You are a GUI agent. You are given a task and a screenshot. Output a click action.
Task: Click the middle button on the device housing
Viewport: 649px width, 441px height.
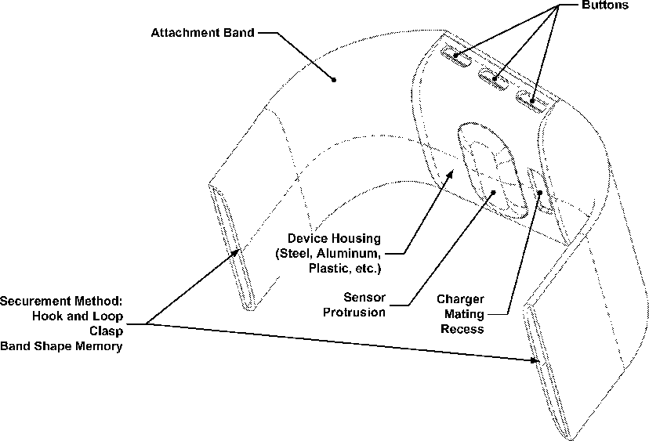(494, 77)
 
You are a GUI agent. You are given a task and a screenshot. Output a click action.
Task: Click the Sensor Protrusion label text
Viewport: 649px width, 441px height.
(364, 305)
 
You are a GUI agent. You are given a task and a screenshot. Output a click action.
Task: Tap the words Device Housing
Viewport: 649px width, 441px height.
(333, 238)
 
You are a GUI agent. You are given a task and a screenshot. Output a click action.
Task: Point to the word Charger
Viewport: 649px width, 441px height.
(460, 300)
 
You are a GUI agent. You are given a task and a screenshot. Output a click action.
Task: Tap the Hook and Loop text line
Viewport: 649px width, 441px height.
(78, 316)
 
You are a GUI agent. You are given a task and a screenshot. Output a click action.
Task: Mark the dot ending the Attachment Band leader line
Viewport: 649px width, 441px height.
(333, 79)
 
